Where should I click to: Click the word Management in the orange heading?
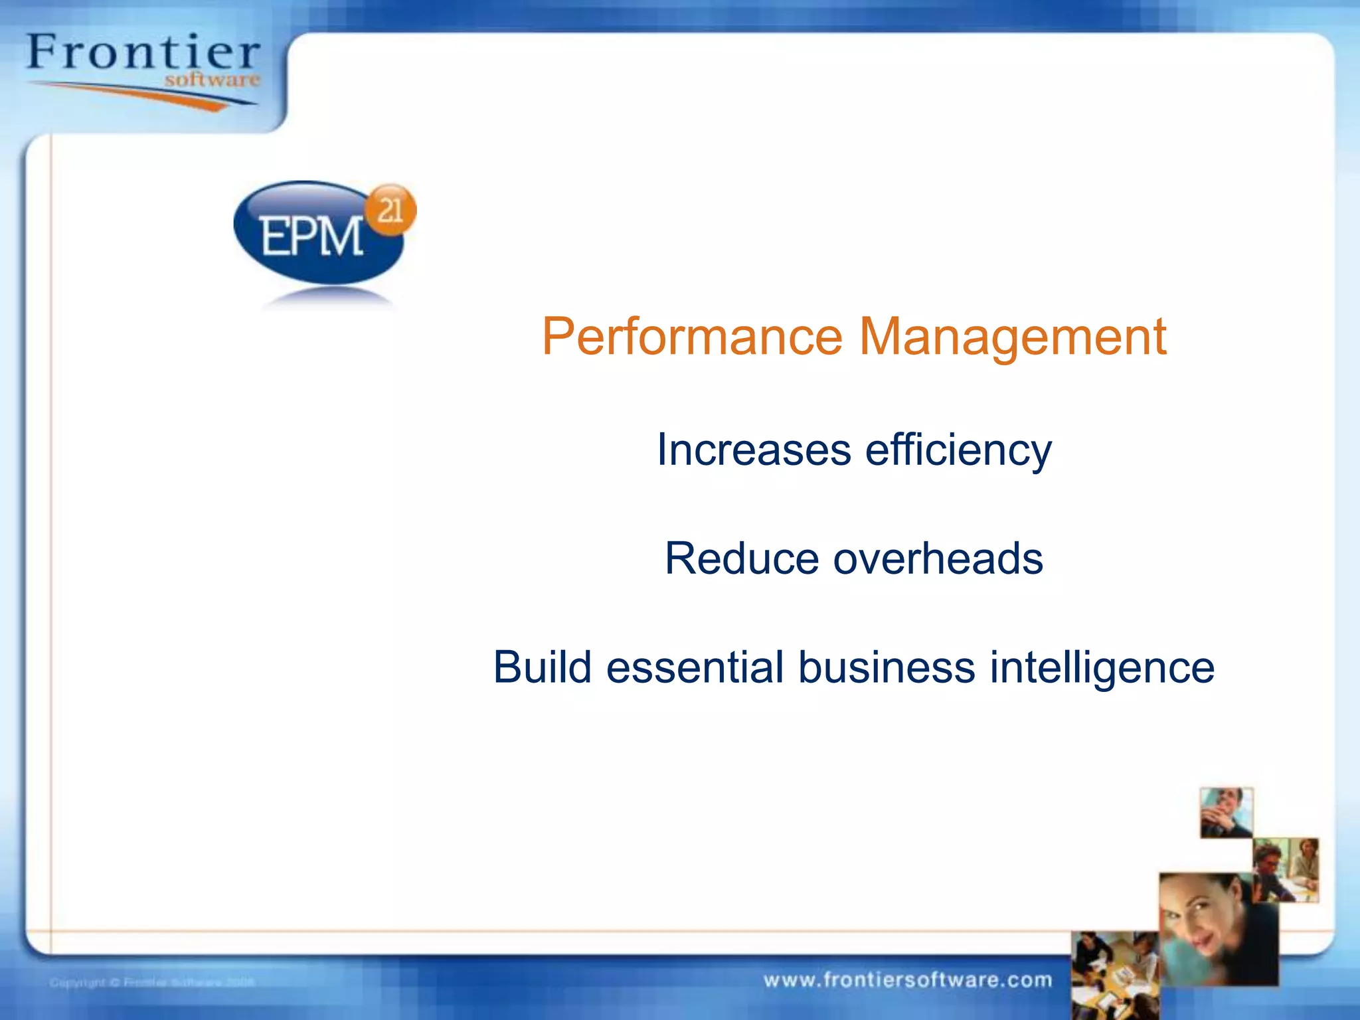pyautogui.click(x=1012, y=337)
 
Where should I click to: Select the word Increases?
pyautogui.click(x=754, y=450)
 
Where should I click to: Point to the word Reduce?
pyautogui.click(x=741, y=558)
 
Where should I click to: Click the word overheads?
pyautogui.click(x=938, y=558)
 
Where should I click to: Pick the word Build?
pyautogui.click(x=542, y=667)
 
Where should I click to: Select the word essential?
pyautogui.click(x=695, y=667)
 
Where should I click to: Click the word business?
pyautogui.click(x=886, y=667)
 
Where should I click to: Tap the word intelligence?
pyautogui.click(x=1102, y=668)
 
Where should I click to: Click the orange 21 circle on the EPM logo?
pyautogui.click(x=391, y=210)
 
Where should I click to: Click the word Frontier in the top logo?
pyautogui.click(x=143, y=52)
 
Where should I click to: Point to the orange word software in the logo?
pyautogui.click(x=212, y=80)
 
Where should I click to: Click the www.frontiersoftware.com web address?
pyautogui.click(x=908, y=980)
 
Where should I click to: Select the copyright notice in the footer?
pyautogui.click(x=152, y=982)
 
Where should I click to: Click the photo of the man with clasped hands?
pyautogui.click(x=1226, y=813)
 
